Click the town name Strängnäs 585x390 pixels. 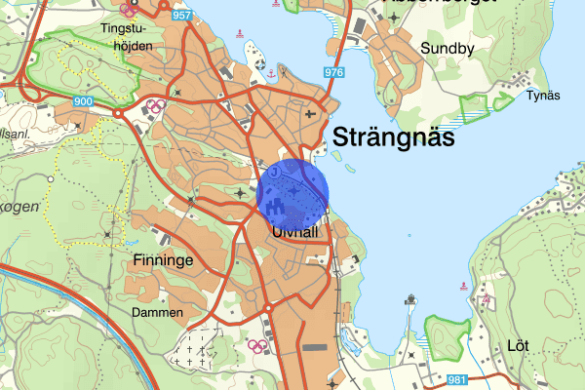(x=394, y=137)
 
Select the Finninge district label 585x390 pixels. (x=163, y=261)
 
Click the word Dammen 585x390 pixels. (x=157, y=312)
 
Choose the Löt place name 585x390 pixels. (x=517, y=345)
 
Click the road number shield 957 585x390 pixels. (x=181, y=17)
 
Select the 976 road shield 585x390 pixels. (x=334, y=73)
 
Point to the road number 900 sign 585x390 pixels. (x=83, y=101)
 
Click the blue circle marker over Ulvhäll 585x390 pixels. (x=293, y=191)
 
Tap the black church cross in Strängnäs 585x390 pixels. (x=310, y=114)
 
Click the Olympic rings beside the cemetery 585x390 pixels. (x=257, y=344)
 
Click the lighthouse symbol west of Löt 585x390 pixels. (x=412, y=298)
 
